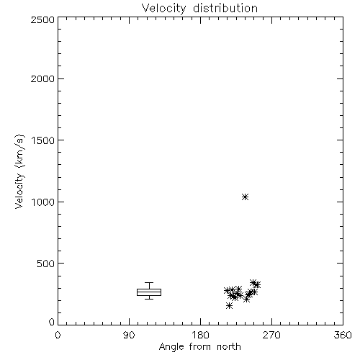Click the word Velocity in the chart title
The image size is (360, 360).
[x=163, y=9]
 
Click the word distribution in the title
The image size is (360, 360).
[x=225, y=8]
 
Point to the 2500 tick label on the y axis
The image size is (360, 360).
[x=42, y=19]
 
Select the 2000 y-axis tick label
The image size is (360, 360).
[x=42, y=78]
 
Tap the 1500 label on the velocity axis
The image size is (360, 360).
[x=43, y=140]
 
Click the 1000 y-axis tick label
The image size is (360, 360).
[x=43, y=202]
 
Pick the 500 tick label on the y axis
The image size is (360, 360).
[x=46, y=264]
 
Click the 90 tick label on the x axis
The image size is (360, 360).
[x=129, y=335]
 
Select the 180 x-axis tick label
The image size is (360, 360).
[x=200, y=335]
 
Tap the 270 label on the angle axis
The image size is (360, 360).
[x=271, y=335]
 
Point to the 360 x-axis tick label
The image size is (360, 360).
[x=343, y=335]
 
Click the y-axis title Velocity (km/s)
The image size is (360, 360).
[x=19, y=171]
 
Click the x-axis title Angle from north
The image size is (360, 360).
[x=200, y=347]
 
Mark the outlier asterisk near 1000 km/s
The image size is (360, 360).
[x=245, y=197]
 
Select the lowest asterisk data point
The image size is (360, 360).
[x=229, y=305]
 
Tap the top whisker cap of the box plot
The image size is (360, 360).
[x=149, y=283]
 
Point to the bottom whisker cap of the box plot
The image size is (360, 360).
[x=149, y=299]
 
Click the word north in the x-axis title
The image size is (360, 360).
[x=229, y=346]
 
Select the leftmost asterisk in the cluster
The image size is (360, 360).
[x=227, y=290]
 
